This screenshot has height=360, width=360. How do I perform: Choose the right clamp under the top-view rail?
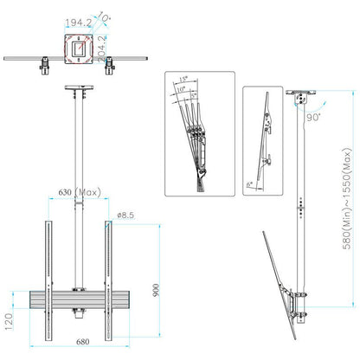(111, 65)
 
